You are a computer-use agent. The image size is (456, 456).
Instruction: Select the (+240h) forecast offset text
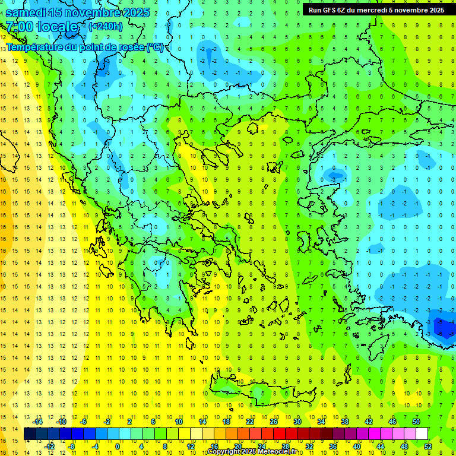coord(106,26)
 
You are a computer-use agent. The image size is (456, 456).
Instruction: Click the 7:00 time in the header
coord(19,27)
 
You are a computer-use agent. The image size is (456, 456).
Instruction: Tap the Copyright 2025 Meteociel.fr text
coord(252,452)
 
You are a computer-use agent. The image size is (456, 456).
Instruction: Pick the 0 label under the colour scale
coord(117,446)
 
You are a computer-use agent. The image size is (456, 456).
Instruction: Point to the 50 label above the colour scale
coord(416,421)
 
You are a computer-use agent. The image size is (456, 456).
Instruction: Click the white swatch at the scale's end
coord(422,433)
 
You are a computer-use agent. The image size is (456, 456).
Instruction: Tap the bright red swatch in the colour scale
coord(279,433)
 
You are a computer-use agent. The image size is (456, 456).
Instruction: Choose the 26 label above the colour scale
coord(274,421)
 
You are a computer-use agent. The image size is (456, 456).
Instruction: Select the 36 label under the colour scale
coord(332,446)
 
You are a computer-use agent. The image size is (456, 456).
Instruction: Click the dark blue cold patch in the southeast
coord(442,326)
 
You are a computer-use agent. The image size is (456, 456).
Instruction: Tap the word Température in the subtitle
coord(35,47)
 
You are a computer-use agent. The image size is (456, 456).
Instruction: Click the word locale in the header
coord(56,27)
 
